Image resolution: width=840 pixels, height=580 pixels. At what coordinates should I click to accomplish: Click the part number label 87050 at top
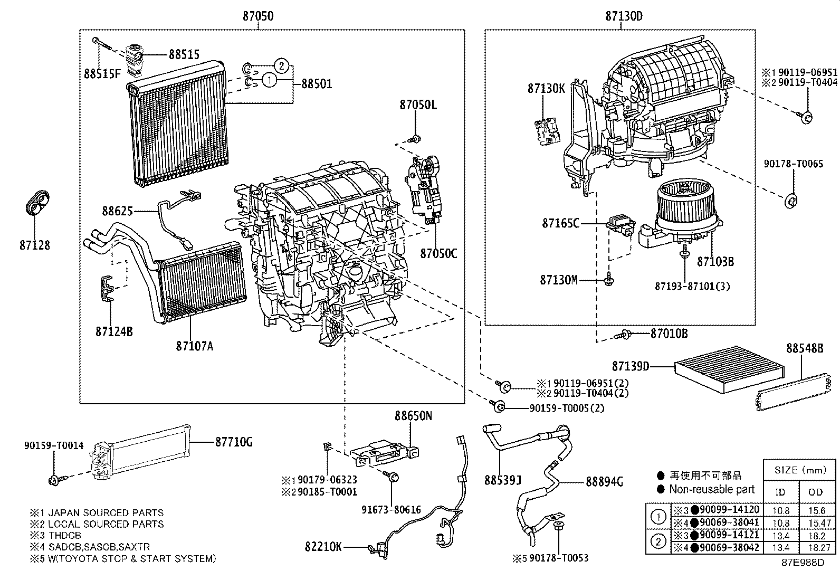(258, 16)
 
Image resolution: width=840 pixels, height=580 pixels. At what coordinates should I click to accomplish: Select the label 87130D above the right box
(624, 16)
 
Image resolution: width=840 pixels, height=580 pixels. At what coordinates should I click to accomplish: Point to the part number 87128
(35, 245)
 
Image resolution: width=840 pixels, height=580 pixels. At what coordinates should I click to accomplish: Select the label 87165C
(560, 223)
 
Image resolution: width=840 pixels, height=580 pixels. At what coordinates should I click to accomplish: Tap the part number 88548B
(804, 348)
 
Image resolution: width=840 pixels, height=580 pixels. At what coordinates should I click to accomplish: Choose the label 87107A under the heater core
(195, 346)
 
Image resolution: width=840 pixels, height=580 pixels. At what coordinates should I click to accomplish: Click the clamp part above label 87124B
(107, 290)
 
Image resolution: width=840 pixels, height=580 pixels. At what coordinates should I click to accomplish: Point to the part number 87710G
(234, 442)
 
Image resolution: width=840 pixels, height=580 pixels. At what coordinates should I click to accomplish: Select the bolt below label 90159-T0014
(54, 479)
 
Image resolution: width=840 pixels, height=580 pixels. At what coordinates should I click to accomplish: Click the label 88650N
(413, 416)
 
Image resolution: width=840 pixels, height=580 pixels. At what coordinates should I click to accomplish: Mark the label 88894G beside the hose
(604, 481)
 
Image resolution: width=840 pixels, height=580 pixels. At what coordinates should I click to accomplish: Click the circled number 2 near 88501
(283, 66)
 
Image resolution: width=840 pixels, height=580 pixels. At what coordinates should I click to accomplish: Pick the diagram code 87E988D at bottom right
(803, 563)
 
